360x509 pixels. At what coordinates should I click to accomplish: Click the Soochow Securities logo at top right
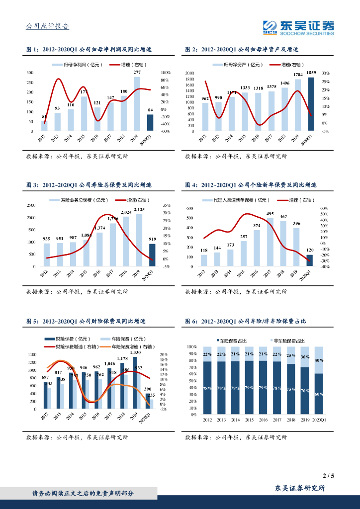298,27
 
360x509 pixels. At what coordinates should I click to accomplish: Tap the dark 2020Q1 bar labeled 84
150,122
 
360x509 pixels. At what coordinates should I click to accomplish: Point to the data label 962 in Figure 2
205,99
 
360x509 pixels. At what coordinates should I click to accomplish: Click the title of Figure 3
89,185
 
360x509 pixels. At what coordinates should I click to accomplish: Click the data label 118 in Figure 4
204,250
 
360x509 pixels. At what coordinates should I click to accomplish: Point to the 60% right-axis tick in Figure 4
323,208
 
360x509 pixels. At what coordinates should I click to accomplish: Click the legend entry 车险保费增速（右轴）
130,346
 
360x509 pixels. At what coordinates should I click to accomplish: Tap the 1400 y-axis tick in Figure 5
32,354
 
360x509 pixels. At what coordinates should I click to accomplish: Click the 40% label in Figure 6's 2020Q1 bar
319,360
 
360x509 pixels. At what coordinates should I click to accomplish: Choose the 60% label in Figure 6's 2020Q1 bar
319,394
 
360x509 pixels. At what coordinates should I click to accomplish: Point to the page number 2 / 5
329,476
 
